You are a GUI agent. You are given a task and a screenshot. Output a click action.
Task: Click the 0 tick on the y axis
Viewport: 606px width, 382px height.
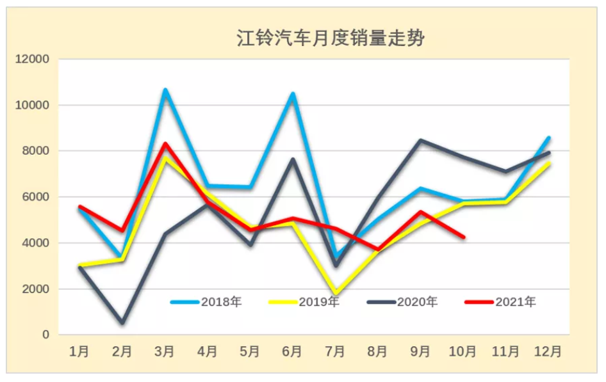click(45, 335)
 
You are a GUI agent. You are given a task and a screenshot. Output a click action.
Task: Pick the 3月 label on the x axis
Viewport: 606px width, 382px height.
click(165, 351)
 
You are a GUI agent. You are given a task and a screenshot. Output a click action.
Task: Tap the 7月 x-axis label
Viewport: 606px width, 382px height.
click(335, 351)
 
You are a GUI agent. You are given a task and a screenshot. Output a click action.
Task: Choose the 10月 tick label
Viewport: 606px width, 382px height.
click(463, 351)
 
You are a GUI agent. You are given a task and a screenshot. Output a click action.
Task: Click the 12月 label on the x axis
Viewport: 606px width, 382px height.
click(548, 351)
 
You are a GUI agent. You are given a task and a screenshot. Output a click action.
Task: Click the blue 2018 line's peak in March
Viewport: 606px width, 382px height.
click(165, 90)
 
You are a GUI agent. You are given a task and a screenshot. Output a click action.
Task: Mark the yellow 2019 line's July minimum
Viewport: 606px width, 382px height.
click(335, 294)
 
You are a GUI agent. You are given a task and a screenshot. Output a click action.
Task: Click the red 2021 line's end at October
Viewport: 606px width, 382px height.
click(463, 237)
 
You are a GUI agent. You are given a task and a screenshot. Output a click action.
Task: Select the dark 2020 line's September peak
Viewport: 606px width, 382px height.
click(420, 140)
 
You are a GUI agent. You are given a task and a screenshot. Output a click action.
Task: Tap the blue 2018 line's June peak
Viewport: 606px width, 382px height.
click(292, 94)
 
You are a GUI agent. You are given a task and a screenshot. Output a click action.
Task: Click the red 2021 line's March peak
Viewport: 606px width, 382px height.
click(165, 144)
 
